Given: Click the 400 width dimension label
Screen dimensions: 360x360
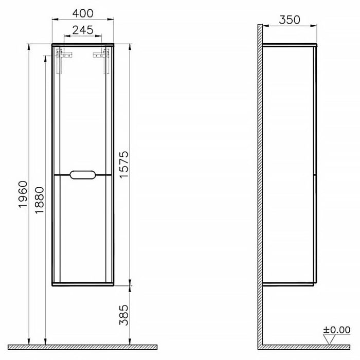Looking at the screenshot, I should tap(82, 11).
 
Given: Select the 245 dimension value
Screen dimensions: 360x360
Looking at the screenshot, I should tap(82, 30).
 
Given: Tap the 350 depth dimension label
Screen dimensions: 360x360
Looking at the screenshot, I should tap(290, 20).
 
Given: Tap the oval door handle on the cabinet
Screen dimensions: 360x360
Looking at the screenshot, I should tap(82, 175).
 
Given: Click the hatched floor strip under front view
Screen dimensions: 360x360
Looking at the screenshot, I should tap(82, 347).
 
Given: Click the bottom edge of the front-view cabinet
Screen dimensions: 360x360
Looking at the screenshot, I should tap(82, 283).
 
